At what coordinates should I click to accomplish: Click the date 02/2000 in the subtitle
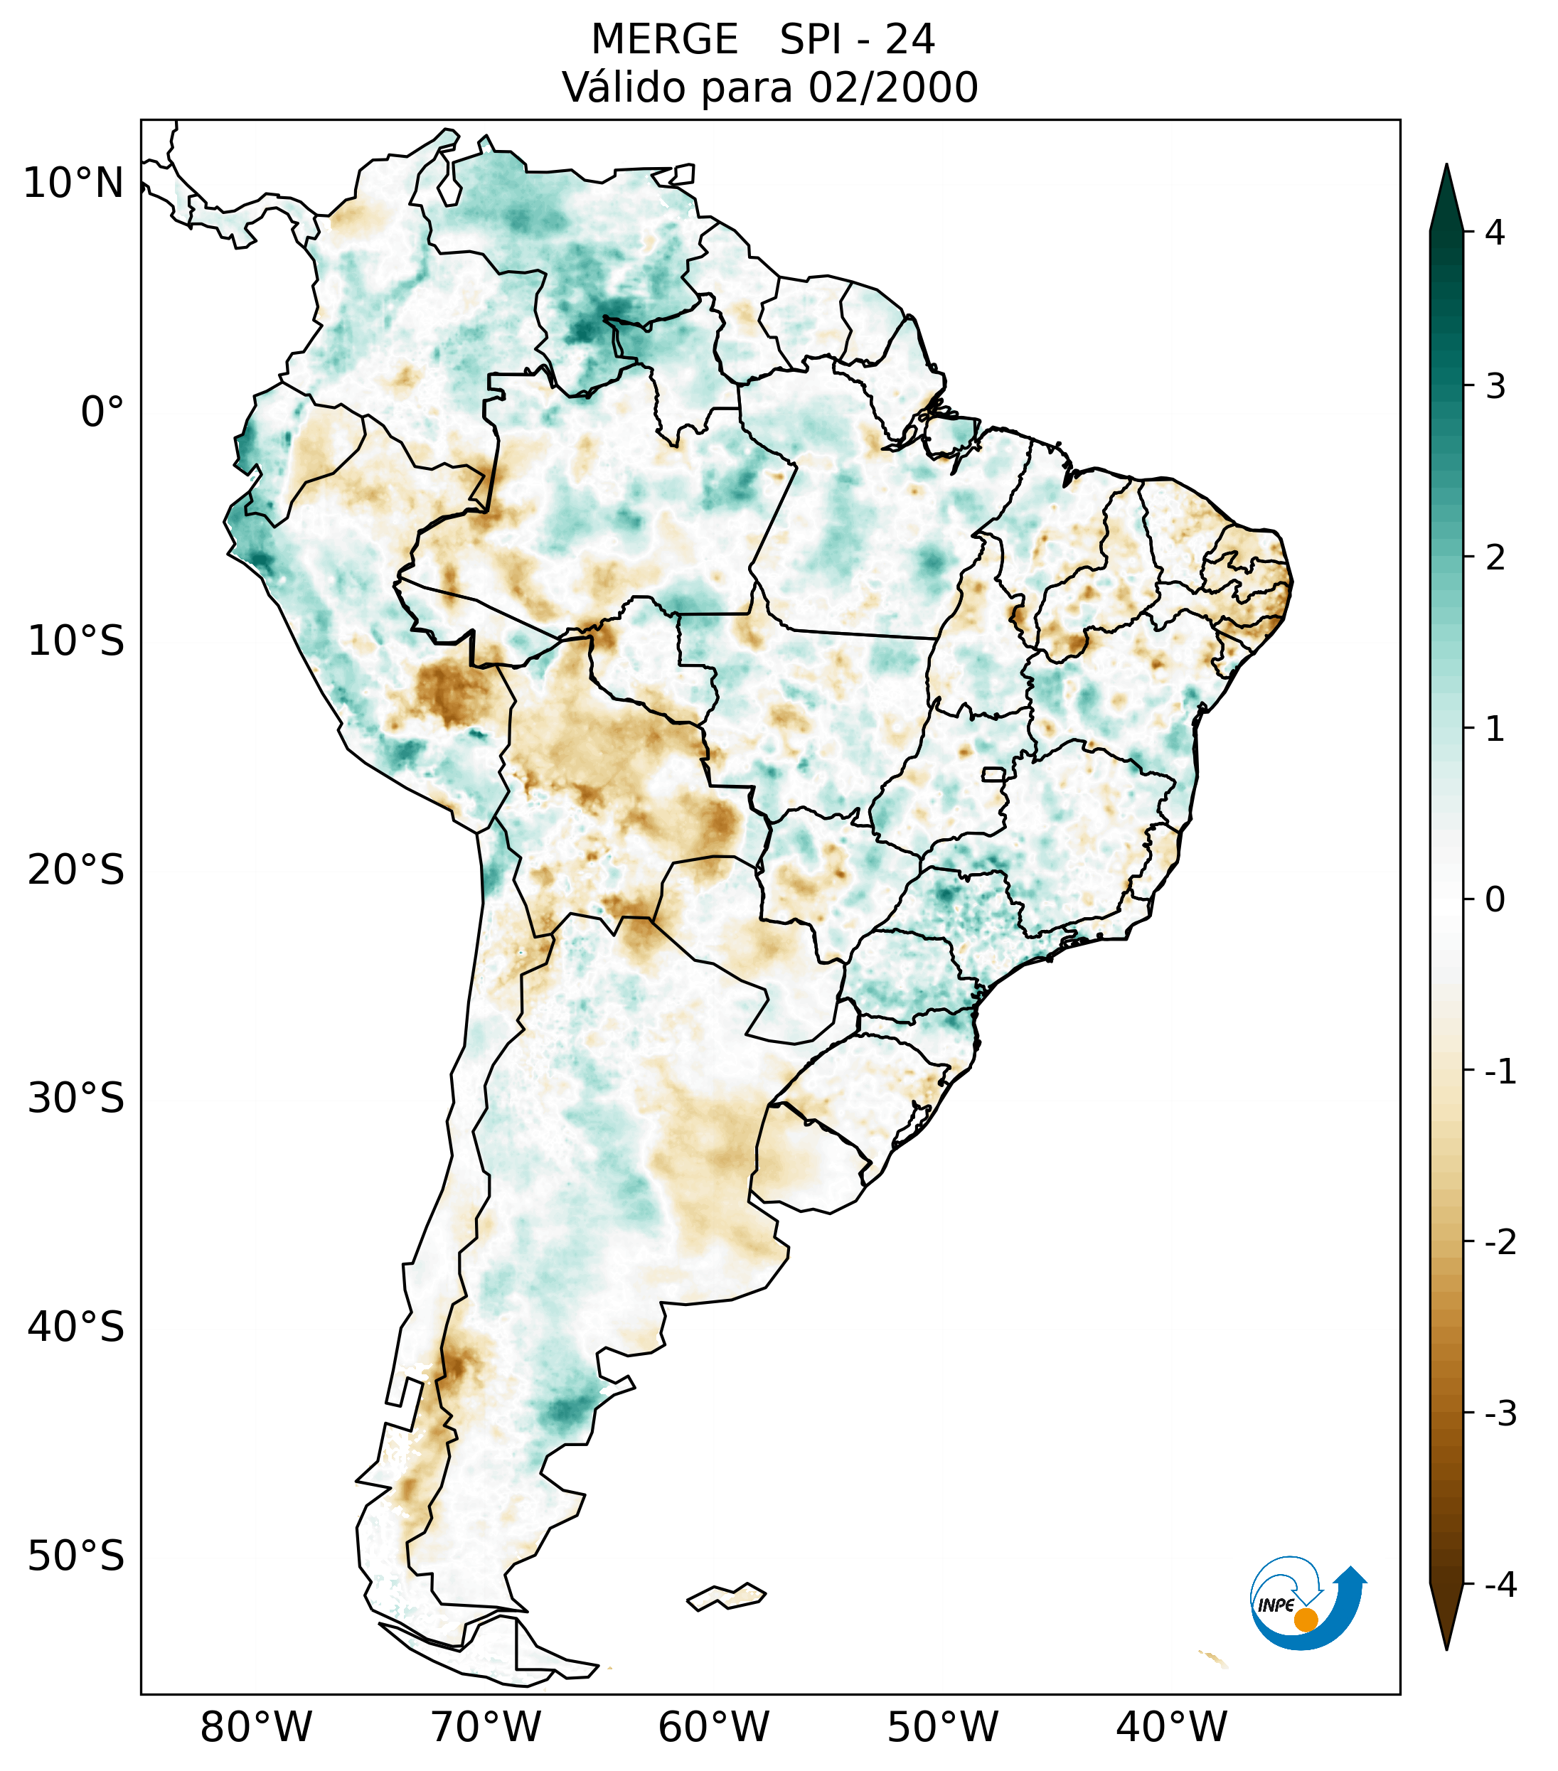(x=892, y=87)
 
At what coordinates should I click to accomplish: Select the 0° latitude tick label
(x=102, y=412)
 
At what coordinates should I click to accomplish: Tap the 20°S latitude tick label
(x=76, y=870)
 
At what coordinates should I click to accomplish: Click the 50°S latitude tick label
(x=76, y=1557)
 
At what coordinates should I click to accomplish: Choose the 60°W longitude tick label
(x=713, y=1726)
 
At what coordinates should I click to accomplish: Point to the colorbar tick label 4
(x=1495, y=232)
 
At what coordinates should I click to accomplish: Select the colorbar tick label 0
(x=1495, y=900)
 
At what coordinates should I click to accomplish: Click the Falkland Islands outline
(x=726, y=1596)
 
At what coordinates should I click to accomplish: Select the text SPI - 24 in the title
(x=857, y=40)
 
